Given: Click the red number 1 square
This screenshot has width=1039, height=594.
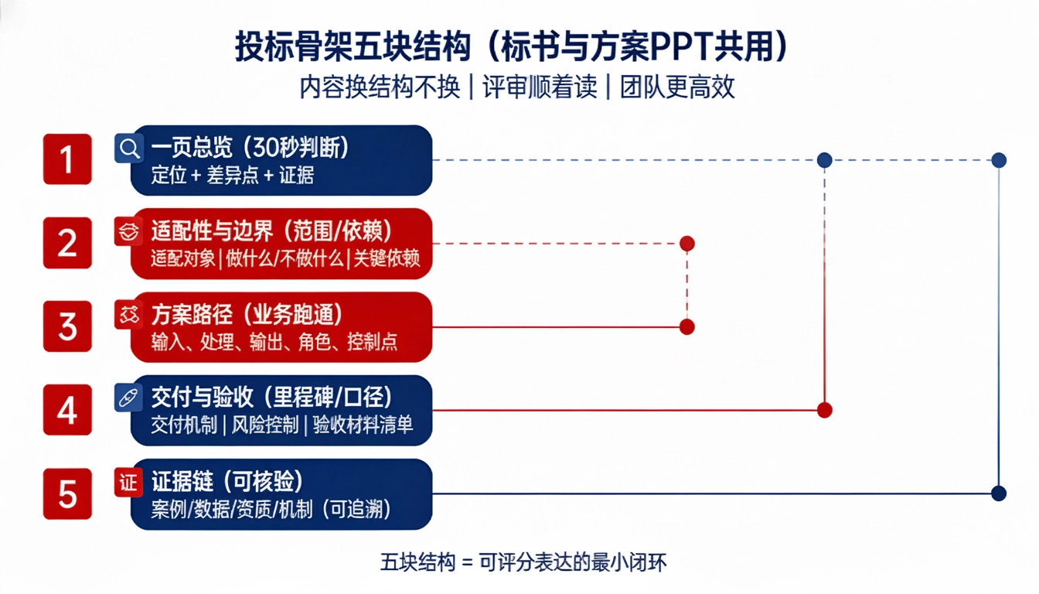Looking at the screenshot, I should pyautogui.click(x=67, y=159).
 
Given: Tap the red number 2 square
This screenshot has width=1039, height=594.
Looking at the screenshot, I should pyautogui.click(x=67, y=243).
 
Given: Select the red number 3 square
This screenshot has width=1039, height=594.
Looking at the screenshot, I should pyautogui.click(x=67, y=326).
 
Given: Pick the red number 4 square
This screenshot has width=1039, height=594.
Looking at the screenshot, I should pyautogui.click(x=67, y=410).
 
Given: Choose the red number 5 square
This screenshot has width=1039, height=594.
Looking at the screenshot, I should pyautogui.click(x=67, y=493).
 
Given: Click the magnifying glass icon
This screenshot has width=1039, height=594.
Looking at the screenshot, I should pyautogui.click(x=128, y=148).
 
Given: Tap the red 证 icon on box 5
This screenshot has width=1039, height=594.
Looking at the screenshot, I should pyautogui.click(x=128, y=482).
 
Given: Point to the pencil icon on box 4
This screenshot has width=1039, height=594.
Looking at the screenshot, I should pyautogui.click(x=128, y=398).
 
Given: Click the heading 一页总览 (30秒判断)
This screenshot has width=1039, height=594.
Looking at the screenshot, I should pyautogui.click(x=250, y=147).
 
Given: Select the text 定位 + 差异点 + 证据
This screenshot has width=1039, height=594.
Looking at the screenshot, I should pyautogui.click(x=233, y=176).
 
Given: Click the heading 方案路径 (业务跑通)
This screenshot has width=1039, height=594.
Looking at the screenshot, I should pyautogui.click(x=247, y=314).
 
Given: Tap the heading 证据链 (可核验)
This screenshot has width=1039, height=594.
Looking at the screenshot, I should pyautogui.click(x=227, y=481).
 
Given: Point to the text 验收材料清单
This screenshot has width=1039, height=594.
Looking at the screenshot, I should pyautogui.click(x=363, y=426).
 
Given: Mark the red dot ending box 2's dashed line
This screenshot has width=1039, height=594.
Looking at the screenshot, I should pyautogui.click(x=687, y=244).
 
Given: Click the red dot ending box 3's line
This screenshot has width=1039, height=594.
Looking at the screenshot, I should pyautogui.click(x=687, y=326).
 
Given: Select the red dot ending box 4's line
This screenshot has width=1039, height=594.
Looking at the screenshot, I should pyautogui.click(x=825, y=410).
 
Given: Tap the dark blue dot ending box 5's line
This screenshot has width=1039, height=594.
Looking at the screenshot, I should pyautogui.click(x=999, y=493).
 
